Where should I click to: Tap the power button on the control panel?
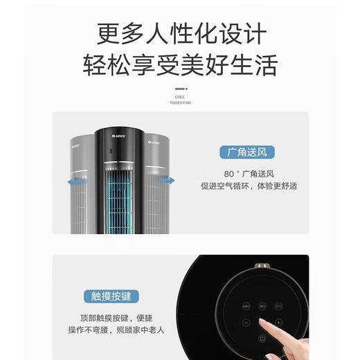pos(262,337)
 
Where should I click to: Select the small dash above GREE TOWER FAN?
pos(179,89)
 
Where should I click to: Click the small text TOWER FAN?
pos(179,103)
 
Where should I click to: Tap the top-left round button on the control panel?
pos(246,305)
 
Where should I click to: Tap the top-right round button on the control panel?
pos(278,305)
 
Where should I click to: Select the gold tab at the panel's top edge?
pos(262,266)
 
